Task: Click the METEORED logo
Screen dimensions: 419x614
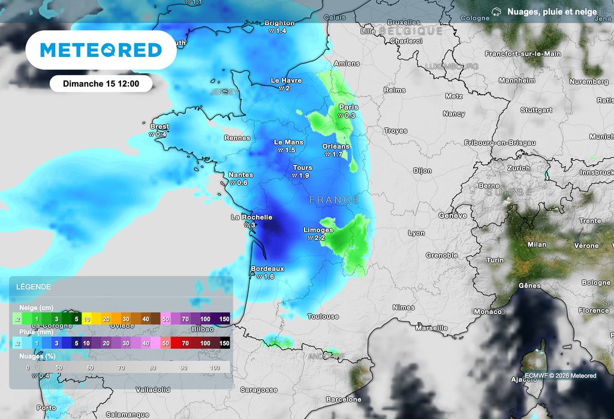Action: tap(101, 50)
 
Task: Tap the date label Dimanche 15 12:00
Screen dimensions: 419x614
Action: tap(101, 84)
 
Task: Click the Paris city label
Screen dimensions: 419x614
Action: tap(348, 107)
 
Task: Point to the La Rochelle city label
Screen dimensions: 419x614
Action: tap(252, 218)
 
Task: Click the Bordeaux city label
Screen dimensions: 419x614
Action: tap(267, 269)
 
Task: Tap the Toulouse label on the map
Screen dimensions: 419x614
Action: tap(323, 316)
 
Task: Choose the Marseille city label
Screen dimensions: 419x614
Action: tap(431, 328)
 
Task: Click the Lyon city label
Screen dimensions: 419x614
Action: tap(416, 233)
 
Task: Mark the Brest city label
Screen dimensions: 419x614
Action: tap(159, 126)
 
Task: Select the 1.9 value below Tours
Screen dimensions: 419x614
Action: tap(301, 176)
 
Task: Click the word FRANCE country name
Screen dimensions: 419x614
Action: tap(334, 200)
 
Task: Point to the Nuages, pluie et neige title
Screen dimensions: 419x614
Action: tap(552, 11)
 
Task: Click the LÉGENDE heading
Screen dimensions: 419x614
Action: tap(34, 287)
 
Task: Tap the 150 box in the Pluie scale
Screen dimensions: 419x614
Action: tap(224, 343)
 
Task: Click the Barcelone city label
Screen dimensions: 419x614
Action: tap(344, 399)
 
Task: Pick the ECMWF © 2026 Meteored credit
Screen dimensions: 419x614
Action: tap(560, 376)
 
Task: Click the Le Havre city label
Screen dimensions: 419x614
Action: tap(286, 80)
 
